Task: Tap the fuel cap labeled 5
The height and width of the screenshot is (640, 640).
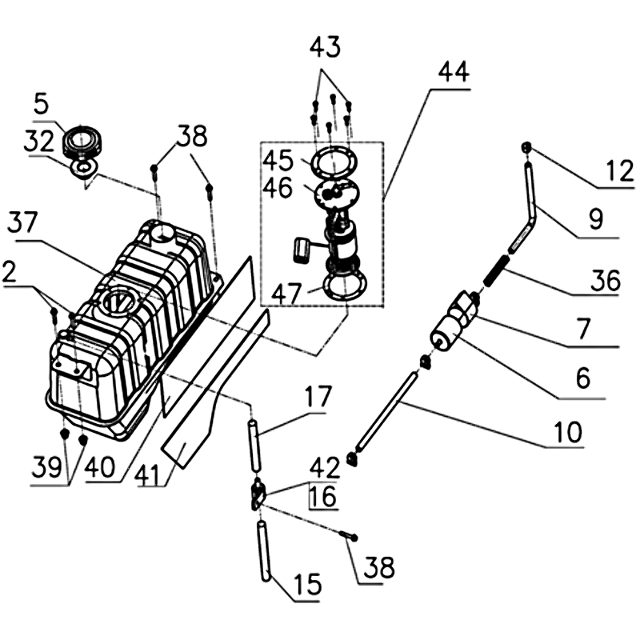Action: (80, 141)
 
